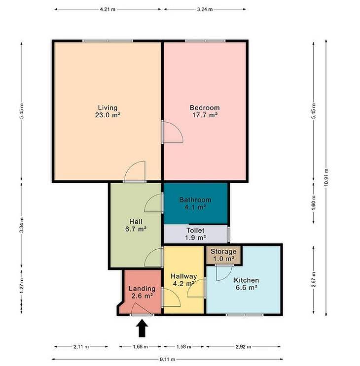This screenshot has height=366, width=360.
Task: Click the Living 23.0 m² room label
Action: [x=108, y=111]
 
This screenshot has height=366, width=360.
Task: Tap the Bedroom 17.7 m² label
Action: [x=205, y=111]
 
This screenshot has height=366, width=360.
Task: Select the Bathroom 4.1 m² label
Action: [x=195, y=203]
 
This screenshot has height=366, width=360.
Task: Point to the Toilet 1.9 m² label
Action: [x=196, y=234]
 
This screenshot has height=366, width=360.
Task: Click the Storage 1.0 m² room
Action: [x=223, y=255]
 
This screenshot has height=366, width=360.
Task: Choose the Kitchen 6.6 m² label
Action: [x=246, y=284]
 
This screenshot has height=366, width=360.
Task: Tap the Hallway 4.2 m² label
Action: [x=184, y=280]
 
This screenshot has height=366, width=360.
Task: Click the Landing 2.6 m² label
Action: [x=142, y=292]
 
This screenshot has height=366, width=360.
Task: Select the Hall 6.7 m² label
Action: [x=136, y=225]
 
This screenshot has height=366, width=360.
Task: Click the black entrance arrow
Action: [x=142, y=328]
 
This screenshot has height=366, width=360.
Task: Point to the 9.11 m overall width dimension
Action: [x=167, y=359]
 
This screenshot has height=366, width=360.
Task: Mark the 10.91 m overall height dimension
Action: [x=326, y=178]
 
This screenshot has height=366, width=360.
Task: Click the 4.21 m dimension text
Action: [x=108, y=9]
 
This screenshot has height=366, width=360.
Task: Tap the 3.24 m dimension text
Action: [x=205, y=9]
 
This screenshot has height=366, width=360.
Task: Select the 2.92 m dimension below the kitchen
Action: [x=243, y=347]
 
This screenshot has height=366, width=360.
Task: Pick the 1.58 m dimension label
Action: [x=183, y=347]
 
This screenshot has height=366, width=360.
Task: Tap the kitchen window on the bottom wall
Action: [x=245, y=315]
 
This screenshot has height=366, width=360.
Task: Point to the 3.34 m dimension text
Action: [x=22, y=225]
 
